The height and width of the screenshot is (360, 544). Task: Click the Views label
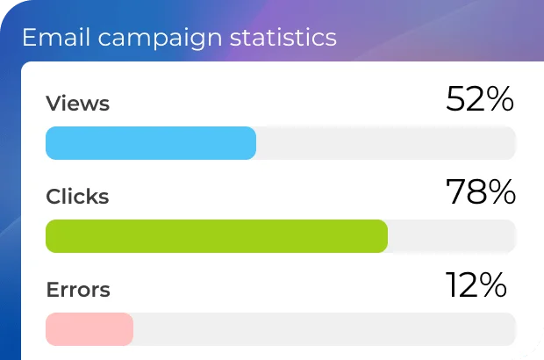[77, 104]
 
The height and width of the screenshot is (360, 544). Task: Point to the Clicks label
[77, 196]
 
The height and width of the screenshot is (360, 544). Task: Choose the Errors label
[78, 289]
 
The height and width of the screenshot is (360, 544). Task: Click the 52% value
[479, 100]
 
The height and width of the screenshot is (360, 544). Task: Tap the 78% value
[480, 192]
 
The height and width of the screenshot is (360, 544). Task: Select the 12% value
[476, 284]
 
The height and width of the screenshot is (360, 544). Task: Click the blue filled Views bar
[150, 143]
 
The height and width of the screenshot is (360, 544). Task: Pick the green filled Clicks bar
[216, 236]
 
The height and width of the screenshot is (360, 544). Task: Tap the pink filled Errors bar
[89, 328]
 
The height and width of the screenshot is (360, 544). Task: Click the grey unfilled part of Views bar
[386, 143]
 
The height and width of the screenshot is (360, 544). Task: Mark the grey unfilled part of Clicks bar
[452, 236]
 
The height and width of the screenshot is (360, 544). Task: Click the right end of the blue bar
[252, 143]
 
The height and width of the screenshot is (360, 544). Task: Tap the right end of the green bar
[383, 236]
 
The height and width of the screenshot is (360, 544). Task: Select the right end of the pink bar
[129, 328]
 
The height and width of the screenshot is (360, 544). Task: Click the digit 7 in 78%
[456, 192]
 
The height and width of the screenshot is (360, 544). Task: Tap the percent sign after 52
[501, 100]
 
